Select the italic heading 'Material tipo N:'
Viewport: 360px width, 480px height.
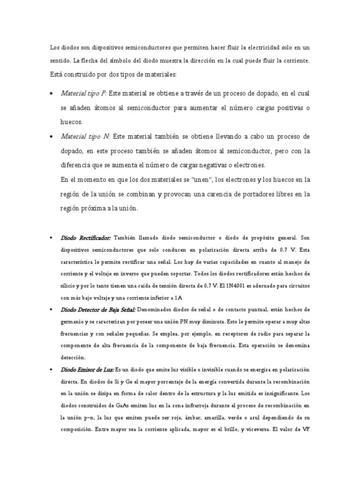[x=85, y=136]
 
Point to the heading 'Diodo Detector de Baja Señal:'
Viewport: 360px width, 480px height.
[x=98, y=310]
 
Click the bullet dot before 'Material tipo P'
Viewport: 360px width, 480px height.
[x=51, y=94]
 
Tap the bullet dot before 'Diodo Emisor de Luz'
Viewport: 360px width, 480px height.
[x=51, y=370]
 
